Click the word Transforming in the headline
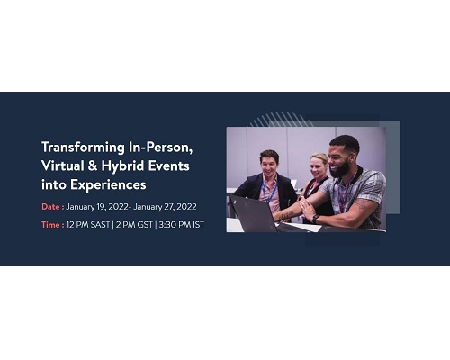tap(83, 148)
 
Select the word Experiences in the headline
tap(108, 185)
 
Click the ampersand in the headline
tap(93, 166)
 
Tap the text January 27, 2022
tap(165, 207)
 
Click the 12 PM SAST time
tap(88, 225)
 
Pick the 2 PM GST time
tap(134, 225)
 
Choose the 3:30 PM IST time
tap(182, 225)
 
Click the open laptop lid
tap(254, 214)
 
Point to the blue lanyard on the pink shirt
tap(269, 192)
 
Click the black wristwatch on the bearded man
tap(316, 219)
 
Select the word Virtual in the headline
tap(63, 166)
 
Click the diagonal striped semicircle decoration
tap(281, 120)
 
